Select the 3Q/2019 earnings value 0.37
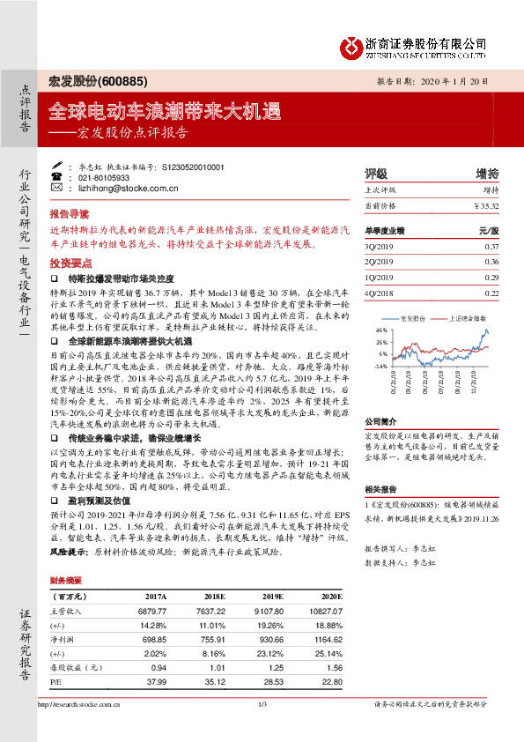coord(491,246)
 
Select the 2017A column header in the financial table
coord(154,597)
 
